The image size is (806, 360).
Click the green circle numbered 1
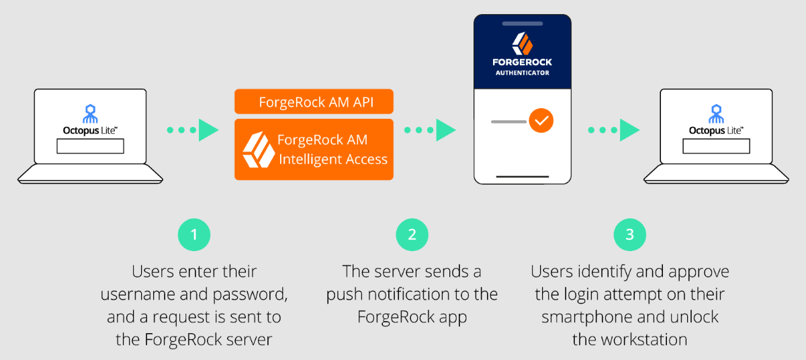[194, 234]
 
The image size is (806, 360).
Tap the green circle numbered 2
[412, 234]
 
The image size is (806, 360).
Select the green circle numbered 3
[629, 234]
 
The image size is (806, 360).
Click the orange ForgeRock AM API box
[314, 102]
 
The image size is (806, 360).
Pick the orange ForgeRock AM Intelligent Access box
[314, 150]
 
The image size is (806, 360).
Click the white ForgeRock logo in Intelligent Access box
[258, 150]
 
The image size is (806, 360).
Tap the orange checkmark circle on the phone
[541, 122]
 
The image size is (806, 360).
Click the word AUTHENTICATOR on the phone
[522, 73]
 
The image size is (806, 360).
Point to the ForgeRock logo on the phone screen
[522, 44]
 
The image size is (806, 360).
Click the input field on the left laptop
[90, 146]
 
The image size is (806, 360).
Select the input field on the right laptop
[716, 146]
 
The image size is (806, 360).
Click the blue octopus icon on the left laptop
[90, 113]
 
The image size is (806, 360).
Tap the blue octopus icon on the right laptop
[716, 113]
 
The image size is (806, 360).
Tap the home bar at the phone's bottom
[522, 177]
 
